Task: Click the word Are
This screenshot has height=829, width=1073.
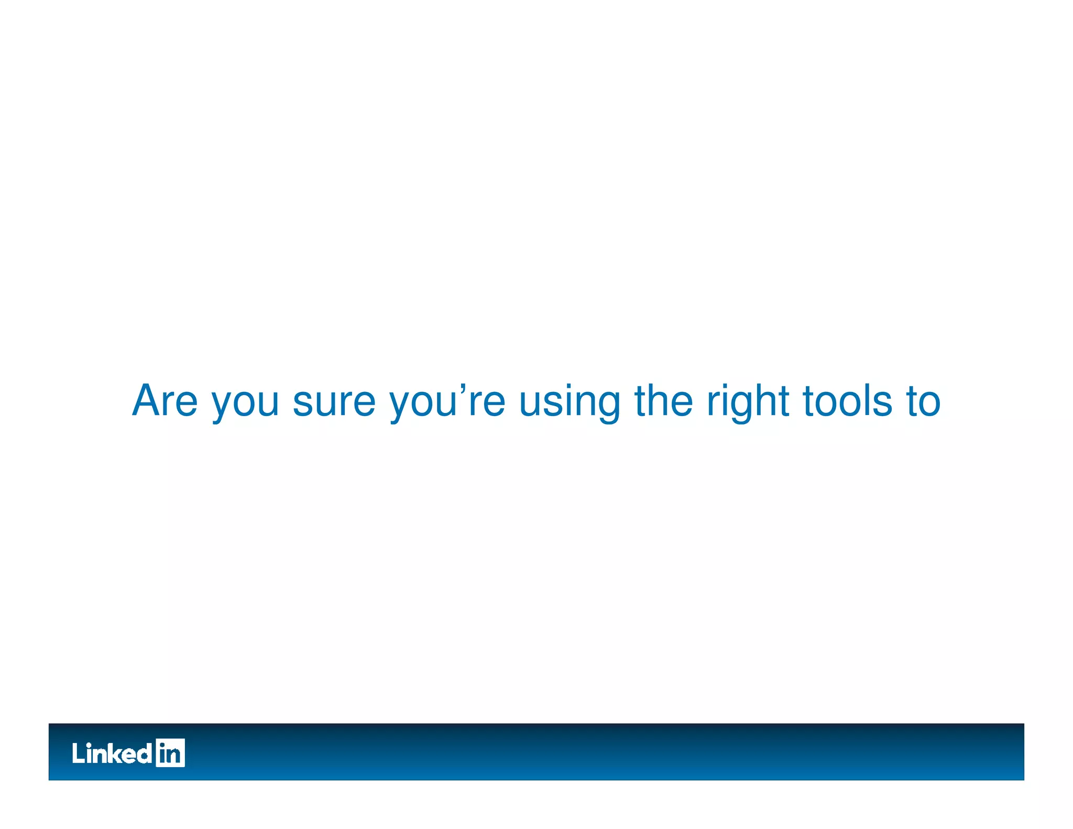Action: pos(165,401)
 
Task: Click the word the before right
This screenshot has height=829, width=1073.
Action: pos(664,401)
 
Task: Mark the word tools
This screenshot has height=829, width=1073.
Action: pos(847,401)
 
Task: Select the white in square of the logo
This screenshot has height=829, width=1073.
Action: pos(170,753)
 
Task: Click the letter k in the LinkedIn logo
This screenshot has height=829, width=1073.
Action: pos(118,754)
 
